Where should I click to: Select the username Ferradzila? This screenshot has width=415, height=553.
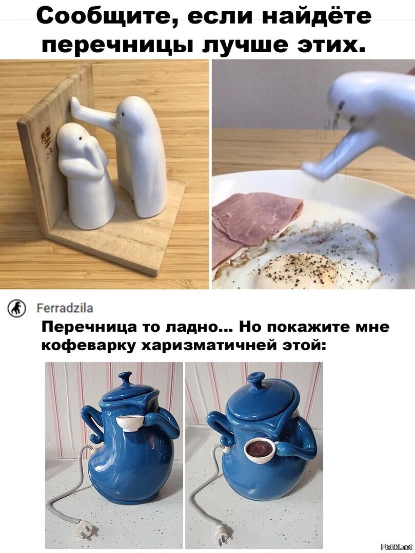coord(65,308)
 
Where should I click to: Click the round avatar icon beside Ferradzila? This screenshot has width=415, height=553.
coord(16,309)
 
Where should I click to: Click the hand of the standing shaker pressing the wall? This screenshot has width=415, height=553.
coord(75,105)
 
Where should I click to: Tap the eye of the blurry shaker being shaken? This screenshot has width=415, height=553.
coord(342,104)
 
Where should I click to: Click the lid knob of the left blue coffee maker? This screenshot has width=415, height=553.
coord(125,379)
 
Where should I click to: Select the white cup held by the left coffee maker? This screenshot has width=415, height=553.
coord(129,422)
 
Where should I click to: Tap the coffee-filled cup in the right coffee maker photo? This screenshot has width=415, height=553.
coord(260,450)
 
